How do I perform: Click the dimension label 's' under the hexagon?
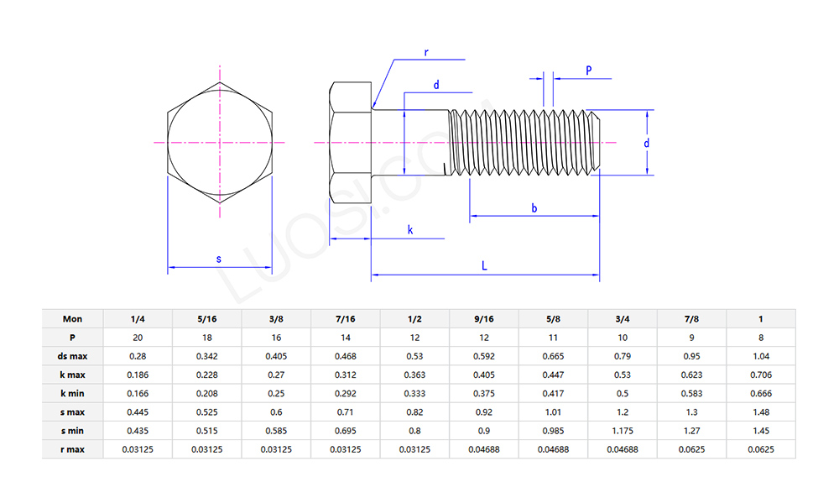pos(219,259)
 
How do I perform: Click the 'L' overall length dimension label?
pos(485,265)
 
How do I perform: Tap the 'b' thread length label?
pos(534,207)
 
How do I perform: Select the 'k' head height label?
pos(409,229)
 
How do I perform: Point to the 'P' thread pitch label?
pos(588,71)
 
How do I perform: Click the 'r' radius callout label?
pos(426,52)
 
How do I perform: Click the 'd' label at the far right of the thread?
pos(646,144)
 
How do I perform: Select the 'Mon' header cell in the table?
pos(73,318)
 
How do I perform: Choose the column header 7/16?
pos(345,318)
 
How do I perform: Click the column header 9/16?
pos(483,318)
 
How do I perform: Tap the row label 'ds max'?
pos(73,356)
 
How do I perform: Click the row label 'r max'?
pos(73,449)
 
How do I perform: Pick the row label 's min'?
pos(73,431)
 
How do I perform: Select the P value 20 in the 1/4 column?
pos(138,337)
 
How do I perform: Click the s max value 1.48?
pos(760,411)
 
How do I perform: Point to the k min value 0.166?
pos(138,393)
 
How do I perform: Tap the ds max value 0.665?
pos(553,356)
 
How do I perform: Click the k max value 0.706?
pos(760,375)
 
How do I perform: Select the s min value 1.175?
pos(622,431)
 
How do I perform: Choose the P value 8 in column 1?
pos(760,337)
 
